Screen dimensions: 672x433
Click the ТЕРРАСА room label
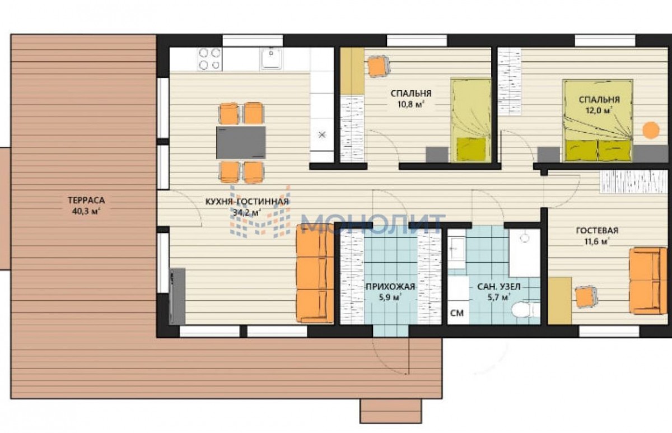click(86, 200)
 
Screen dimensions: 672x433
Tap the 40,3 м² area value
click(86, 211)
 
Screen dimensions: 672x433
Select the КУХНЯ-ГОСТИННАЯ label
click(247, 201)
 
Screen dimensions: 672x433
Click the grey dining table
click(241, 142)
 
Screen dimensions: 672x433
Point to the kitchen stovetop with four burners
click(209, 59)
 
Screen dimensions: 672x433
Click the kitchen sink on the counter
click(271, 58)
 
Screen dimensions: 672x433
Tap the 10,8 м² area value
click(410, 105)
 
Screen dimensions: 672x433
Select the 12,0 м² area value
click(599, 111)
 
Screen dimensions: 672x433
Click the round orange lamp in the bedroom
click(651, 130)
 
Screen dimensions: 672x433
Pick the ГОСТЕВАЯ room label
click(597, 230)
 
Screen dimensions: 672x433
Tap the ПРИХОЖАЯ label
click(390, 287)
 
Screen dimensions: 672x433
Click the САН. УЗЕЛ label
click(498, 287)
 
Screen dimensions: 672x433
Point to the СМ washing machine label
click(457, 313)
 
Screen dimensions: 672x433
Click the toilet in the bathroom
click(526, 310)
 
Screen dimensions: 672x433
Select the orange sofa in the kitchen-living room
click(315, 274)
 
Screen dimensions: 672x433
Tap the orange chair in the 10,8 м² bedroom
click(379, 66)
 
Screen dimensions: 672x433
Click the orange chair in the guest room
click(586, 297)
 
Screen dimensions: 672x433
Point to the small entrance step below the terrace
click(391, 411)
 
